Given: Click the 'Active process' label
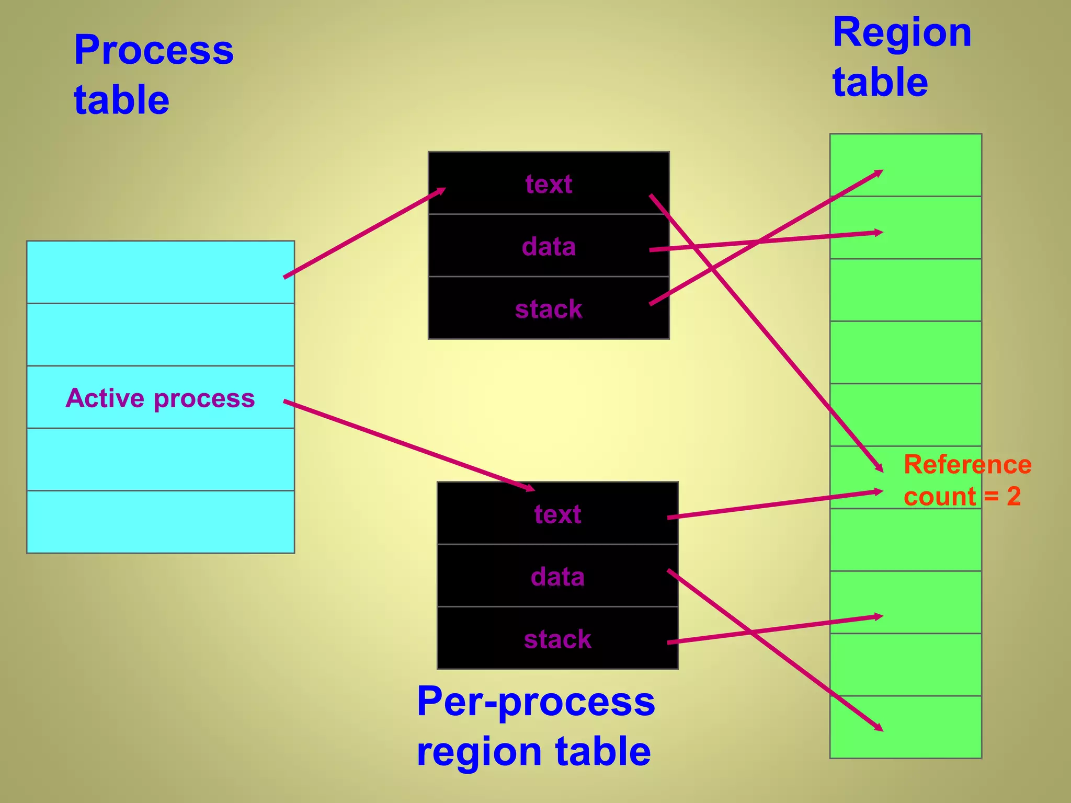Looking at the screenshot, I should (x=160, y=398).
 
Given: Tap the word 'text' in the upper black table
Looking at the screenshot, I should (x=549, y=184).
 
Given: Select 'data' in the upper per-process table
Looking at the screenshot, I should (x=549, y=246).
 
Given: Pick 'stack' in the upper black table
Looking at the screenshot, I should (x=549, y=309).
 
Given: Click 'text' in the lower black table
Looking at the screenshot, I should (x=557, y=514).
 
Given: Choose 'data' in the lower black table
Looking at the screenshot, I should (x=557, y=577).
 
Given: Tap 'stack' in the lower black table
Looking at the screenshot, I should (x=557, y=639).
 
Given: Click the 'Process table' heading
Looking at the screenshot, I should (x=153, y=74).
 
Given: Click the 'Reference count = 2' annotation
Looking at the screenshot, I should (x=967, y=480).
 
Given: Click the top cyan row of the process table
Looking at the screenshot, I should (x=160, y=272).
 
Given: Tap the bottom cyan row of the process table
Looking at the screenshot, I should (x=160, y=522).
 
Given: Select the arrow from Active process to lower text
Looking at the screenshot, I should (x=408, y=445).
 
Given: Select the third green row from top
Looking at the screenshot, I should (x=905, y=290).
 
